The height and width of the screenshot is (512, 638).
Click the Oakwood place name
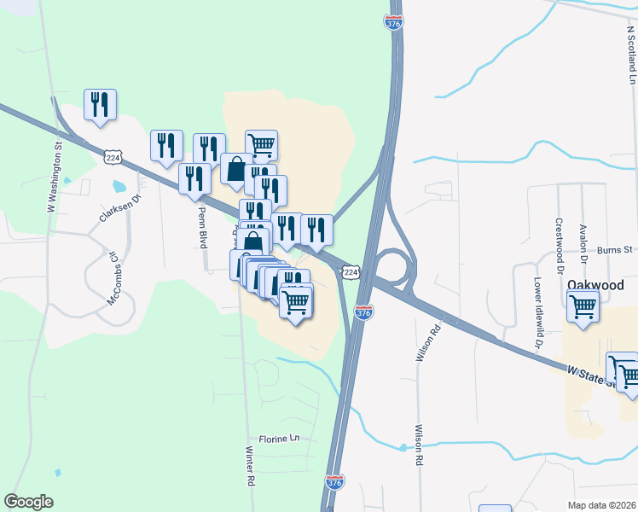(596, 284)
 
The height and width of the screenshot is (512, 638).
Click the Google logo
(28, 502)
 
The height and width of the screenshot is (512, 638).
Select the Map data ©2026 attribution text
(601, 505)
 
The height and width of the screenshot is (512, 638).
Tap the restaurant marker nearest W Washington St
(100, 105)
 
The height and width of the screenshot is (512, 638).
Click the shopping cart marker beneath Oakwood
(583, 305)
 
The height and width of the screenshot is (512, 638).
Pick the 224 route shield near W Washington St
(113, 157)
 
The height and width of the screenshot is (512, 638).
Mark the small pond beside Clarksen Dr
(119, 185)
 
